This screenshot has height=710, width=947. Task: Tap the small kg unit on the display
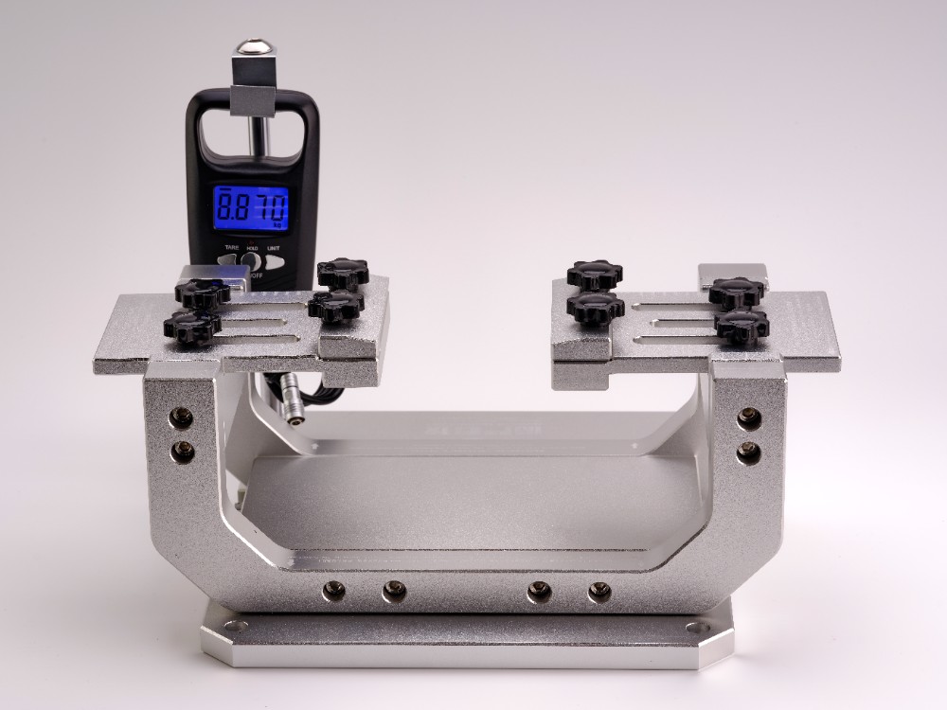pos(277,225)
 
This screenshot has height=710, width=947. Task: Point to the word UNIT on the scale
pos(273,247)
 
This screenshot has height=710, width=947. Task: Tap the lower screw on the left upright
pos(182,452)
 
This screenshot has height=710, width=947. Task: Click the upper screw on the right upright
pos(749,417)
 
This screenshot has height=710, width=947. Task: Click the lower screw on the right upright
pos(748,453)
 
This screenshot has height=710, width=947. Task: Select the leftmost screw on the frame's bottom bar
pos(333,592)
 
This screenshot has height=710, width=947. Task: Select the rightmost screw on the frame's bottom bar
pos(599,593)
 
